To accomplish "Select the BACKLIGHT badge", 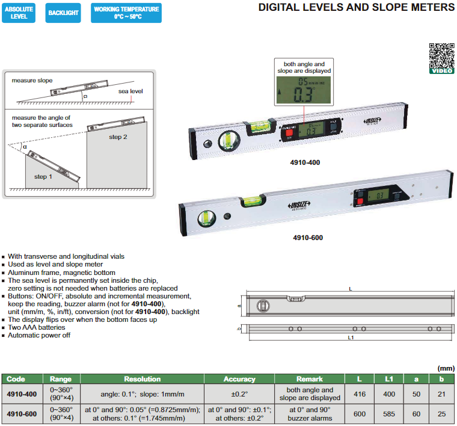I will (63, 13).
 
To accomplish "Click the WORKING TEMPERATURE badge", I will (126, 13).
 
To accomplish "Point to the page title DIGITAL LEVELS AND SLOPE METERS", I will (356, 8).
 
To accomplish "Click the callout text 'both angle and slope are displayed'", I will (304, 67).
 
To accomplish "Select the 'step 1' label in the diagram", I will (44, 176).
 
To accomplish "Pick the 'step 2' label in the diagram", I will (118, 137).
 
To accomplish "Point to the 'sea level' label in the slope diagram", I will (130, 91).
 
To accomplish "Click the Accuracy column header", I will (239, 379).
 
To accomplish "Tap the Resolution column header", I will (142, 379).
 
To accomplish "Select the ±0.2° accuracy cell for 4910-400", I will (239, 394).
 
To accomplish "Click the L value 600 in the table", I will (359, 414).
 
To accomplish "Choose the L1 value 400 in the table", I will (388, 394).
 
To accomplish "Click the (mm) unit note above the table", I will (445, 368).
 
